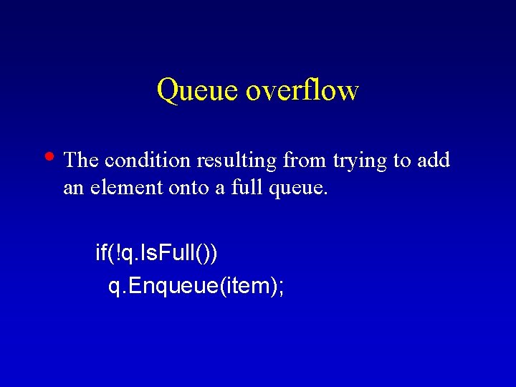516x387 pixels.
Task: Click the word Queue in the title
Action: coord(196,91)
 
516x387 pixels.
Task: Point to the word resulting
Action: coord(233,161)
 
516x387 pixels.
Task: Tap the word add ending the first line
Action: coord(433,161)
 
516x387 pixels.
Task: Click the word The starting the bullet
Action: coord(80,161)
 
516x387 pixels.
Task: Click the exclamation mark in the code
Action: coord(118,253)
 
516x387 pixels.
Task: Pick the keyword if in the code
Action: coord(102,253)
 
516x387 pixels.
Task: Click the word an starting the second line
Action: coord(72,189)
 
